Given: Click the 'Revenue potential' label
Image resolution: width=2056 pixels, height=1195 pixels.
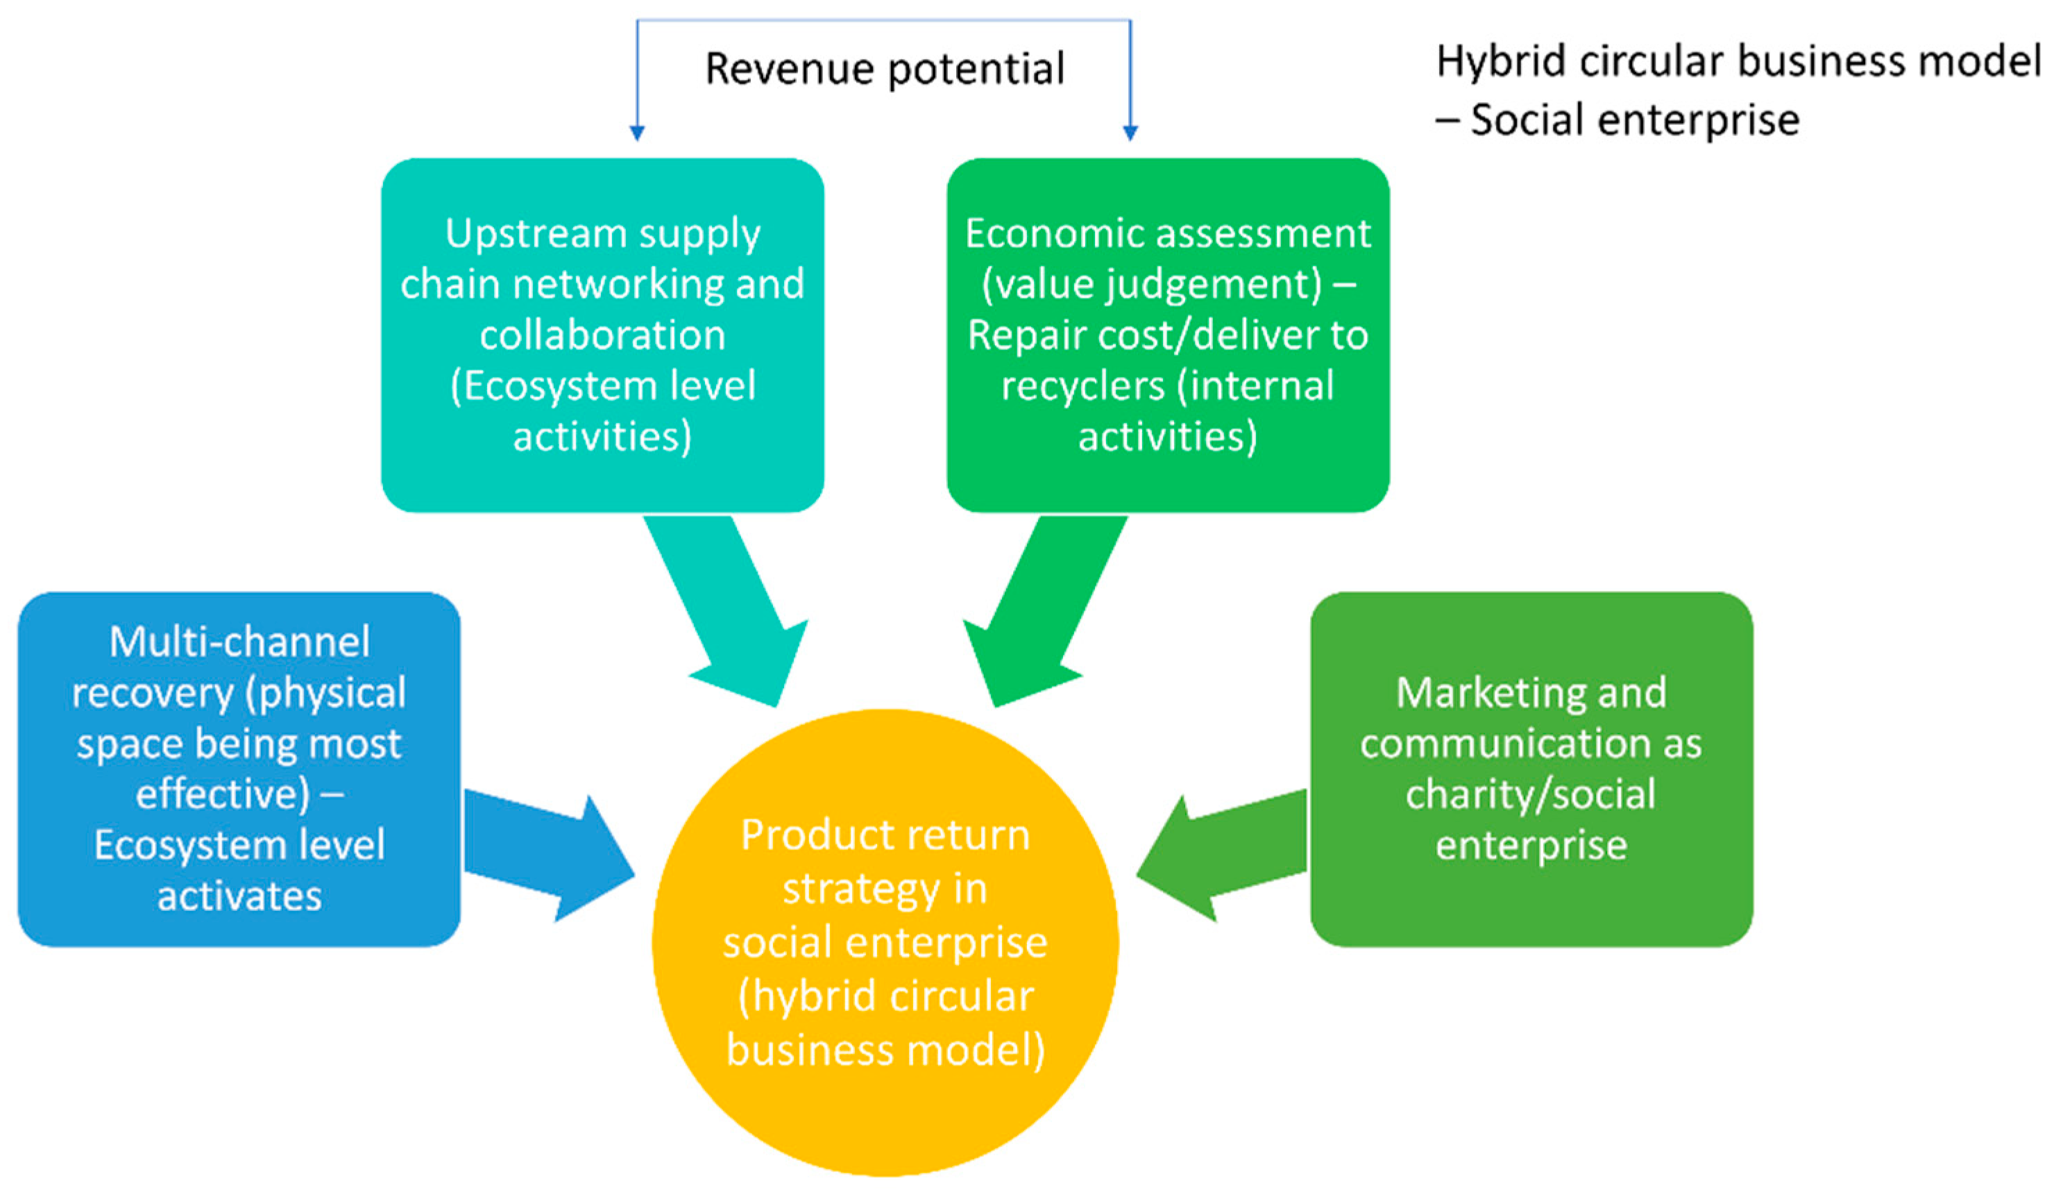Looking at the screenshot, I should click(x=885, y=69).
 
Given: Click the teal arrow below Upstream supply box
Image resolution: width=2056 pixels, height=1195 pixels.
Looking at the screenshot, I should click(x=726, y=612).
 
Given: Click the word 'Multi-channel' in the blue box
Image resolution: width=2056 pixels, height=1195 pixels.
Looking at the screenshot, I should click(x=239, y=642).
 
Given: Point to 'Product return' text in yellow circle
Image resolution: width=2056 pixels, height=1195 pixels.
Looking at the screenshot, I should click(x=885, y=836).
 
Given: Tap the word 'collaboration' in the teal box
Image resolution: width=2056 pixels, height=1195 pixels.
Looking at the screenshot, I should click(x=602, y=335).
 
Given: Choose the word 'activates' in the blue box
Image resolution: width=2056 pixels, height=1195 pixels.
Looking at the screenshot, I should click(x=239, y=896).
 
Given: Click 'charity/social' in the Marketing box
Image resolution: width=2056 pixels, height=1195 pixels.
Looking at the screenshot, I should click(x=1531, y=794).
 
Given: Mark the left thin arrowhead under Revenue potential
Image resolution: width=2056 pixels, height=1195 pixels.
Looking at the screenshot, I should click(x=637, y=133).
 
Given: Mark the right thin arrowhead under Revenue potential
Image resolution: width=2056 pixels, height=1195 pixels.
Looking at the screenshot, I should click(x=1130, y=133).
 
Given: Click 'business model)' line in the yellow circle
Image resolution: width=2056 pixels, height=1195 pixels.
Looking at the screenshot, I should click(x=885, y=1051).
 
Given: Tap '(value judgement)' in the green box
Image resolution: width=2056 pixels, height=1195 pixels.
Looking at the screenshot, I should click(x=1150, y=285).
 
